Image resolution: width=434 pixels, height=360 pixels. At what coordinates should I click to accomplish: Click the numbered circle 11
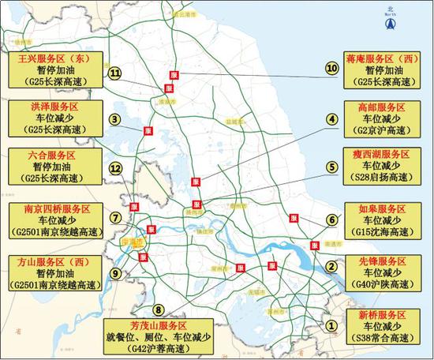115,73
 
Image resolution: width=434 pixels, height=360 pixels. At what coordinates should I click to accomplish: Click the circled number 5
332,167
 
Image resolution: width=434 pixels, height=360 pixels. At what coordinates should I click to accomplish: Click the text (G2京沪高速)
378,132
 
